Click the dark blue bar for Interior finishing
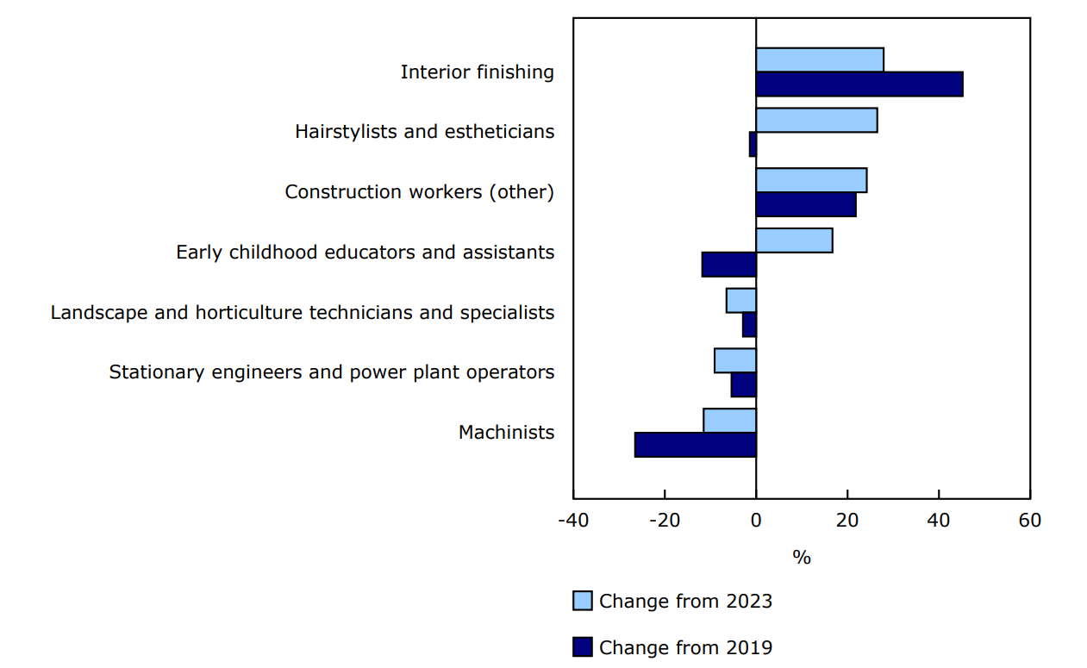859,84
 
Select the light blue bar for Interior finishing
819,60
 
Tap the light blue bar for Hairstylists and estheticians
816,121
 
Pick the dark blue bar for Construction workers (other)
805,204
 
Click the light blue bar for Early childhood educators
794,240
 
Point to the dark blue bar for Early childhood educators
729,265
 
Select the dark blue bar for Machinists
696,445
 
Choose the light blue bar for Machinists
730,421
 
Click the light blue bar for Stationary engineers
735,360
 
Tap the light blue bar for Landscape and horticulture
741,301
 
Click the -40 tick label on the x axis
573,521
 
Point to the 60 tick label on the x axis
1029,521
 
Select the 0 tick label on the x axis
756,521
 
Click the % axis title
802,558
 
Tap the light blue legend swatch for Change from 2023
583,602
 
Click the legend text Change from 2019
685,647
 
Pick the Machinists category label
506,433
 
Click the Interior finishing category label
477,72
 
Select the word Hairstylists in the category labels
337,132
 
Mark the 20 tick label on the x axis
847,521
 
